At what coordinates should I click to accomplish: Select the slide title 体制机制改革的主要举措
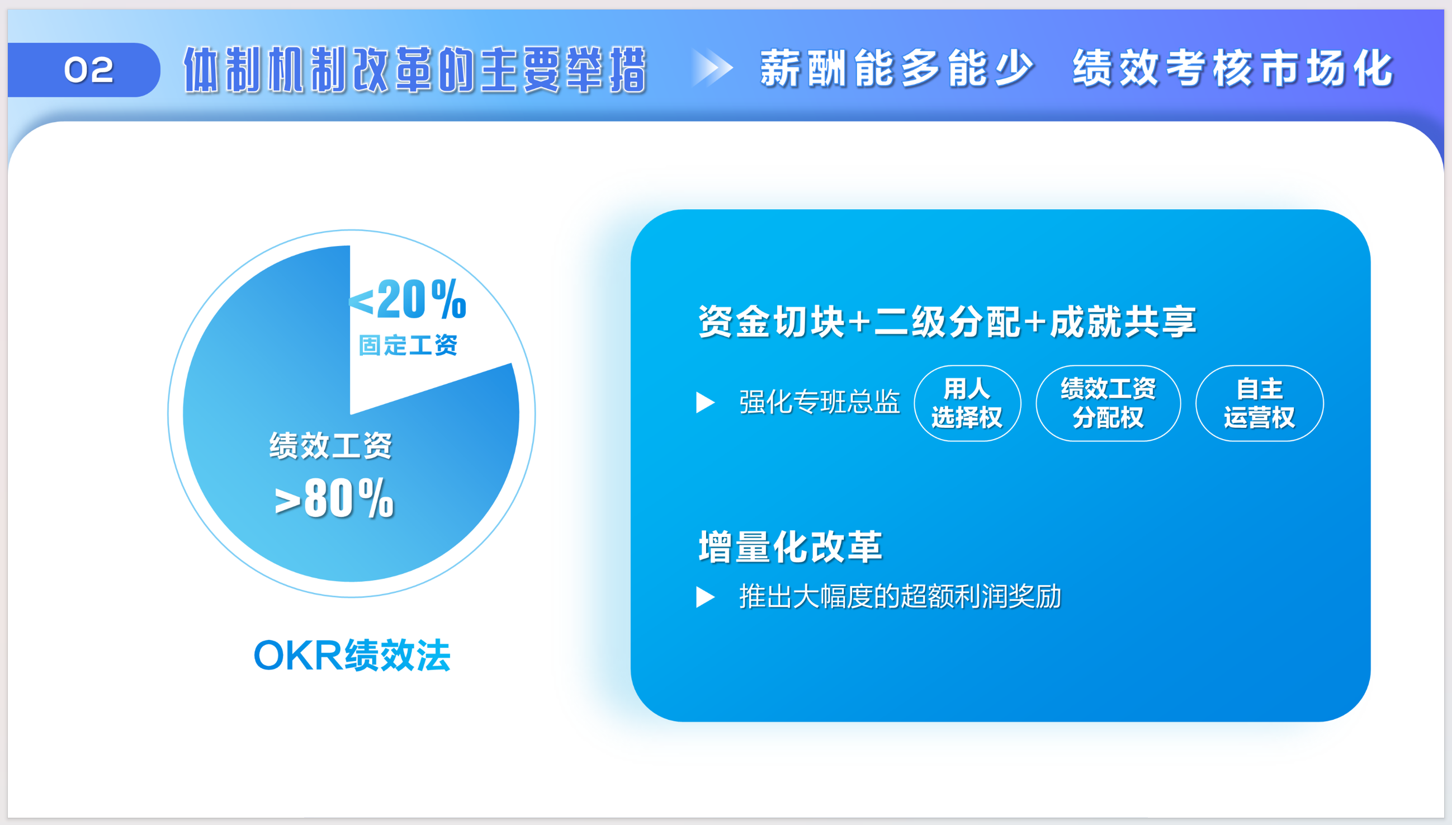(414, 70)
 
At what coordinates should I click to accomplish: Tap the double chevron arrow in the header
(712, 68)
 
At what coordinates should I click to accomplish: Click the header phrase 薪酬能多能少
(897, 68)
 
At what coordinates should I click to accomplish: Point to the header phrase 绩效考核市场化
(1233, 68)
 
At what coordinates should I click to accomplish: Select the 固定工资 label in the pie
(408, 345)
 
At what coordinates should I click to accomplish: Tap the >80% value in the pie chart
(334, 498)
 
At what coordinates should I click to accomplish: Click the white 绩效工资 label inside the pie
(331, 445)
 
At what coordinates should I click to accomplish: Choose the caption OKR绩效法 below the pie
(352, 656)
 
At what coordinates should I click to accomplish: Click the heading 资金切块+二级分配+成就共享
(947, 321)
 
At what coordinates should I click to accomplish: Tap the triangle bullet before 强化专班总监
(705, 402)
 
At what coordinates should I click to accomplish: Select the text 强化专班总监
(820, 402)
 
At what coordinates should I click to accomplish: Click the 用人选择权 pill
(967, 403)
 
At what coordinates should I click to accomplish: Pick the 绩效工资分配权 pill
(1108, 403)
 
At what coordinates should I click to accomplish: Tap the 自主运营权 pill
(1260, 403)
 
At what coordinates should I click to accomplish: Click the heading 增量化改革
(790, 547)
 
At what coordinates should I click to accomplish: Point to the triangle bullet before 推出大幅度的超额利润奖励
(705, 597)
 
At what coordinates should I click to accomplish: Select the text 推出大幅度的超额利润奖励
(900, 597)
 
